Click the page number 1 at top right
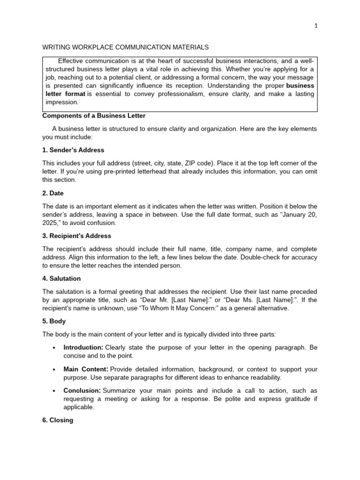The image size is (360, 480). pyautogui.click(x=316, y=26)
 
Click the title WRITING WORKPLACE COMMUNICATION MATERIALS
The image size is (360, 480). pyautogui.click(x=126, y=47)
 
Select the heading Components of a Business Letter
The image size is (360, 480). pyautogui.click(x=94, y=116)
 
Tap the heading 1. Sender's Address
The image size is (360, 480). pyautogui.click(x=73, y=150)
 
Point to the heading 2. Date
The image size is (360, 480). pyautogui.click(x=53, y=193)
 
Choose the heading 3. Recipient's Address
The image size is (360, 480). pyautogui.click(x=77, y=236)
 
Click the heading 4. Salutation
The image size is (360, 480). pyautogui.click(x=61, y=278)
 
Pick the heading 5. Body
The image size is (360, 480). pyautogui.click(x=54, y=322)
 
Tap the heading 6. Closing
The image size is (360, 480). pyautogui.click(x=58, y=420)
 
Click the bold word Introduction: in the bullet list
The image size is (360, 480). pyautogui.click(x=83, y=347)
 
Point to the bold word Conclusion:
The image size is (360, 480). pyautogui.click(x=82, y=390)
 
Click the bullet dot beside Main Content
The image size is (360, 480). pyautogui.click(x=54, y=369)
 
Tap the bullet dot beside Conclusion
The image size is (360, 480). pyautogui.click(x=54, y=391)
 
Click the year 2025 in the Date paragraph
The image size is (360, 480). pyautogui.click(x=50, y=223)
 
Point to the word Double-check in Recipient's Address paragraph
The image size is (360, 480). pyautogui.click(x=231, y=257)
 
